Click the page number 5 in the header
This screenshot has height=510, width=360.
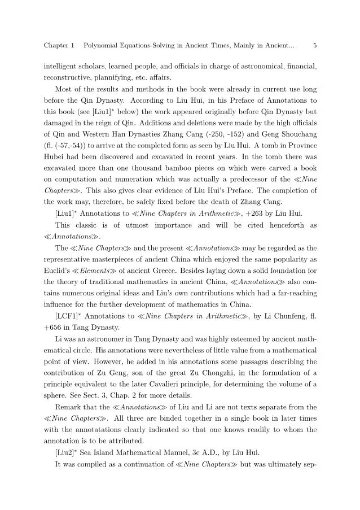(x=315, y=45)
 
